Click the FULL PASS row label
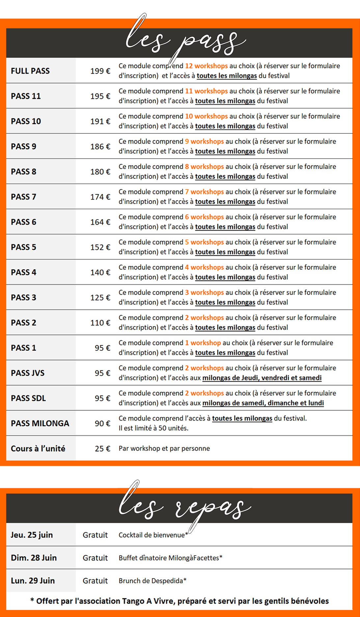tap(30, 71)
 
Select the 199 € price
tap(100, 71)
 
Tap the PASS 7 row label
tap(24, 197)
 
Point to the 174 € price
tap(100, 197)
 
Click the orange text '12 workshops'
tap(206, 66)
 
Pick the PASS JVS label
tap(28, 373)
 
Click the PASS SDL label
tap(28, 398)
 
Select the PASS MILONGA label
tap(40, 423)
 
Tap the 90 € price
tap(102, 423)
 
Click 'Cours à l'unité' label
tap(38, 449)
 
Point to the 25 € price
tap(102, 449)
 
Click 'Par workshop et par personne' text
tap(164, 448)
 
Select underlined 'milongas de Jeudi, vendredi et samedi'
tap(262, 378)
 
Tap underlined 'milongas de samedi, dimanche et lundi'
tap(263, 403)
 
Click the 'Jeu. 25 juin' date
tap(32, 535)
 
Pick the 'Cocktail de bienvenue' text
tap(152, 535)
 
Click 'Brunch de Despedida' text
tap(151, 581)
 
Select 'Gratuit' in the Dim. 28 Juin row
tap(95, 558)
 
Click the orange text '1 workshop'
tap(203, 343)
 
